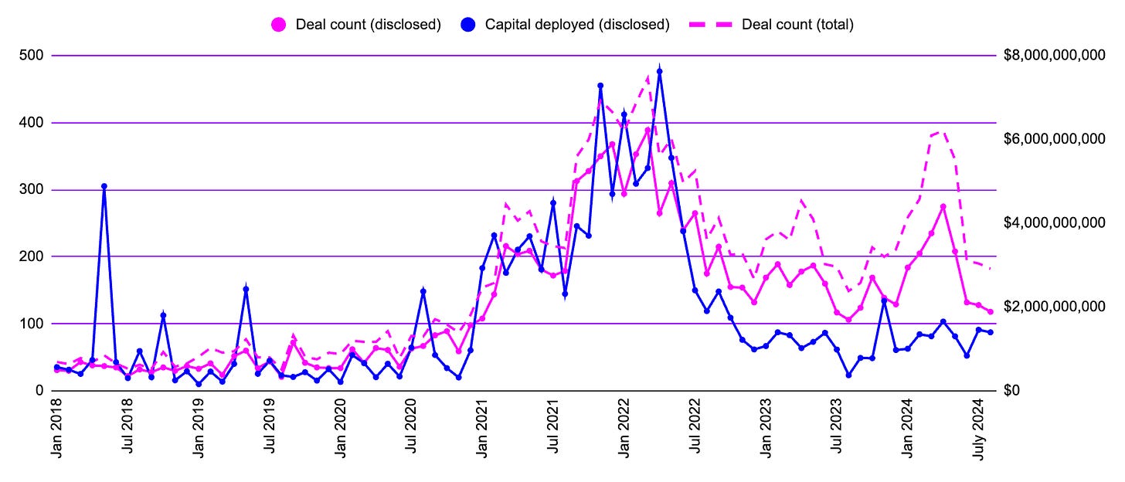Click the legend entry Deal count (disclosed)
coord(368,24)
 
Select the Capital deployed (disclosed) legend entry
coord(576,24)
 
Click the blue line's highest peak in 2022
coord(659,71)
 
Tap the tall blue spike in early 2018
coord(104,186)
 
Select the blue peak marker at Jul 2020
coord(423,291)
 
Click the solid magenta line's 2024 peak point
coord(943,207)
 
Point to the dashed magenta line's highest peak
coord(648,76)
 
